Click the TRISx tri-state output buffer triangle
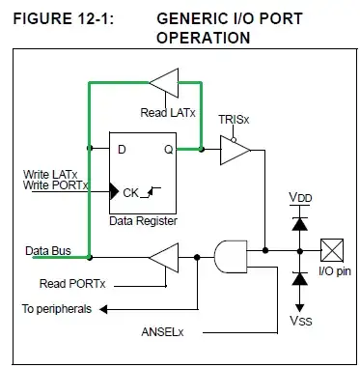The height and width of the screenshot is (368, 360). (x=235, y=150)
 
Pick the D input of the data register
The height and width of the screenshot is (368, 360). (x=124, y=149)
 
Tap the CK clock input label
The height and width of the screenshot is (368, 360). (x=132, y=192)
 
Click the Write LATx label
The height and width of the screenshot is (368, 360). (x=51, y=174)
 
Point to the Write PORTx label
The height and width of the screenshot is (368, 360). (x=56, y=185)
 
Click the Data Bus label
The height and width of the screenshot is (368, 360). (x=47, y=249)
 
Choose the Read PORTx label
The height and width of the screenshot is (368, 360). (x=71, y=284)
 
